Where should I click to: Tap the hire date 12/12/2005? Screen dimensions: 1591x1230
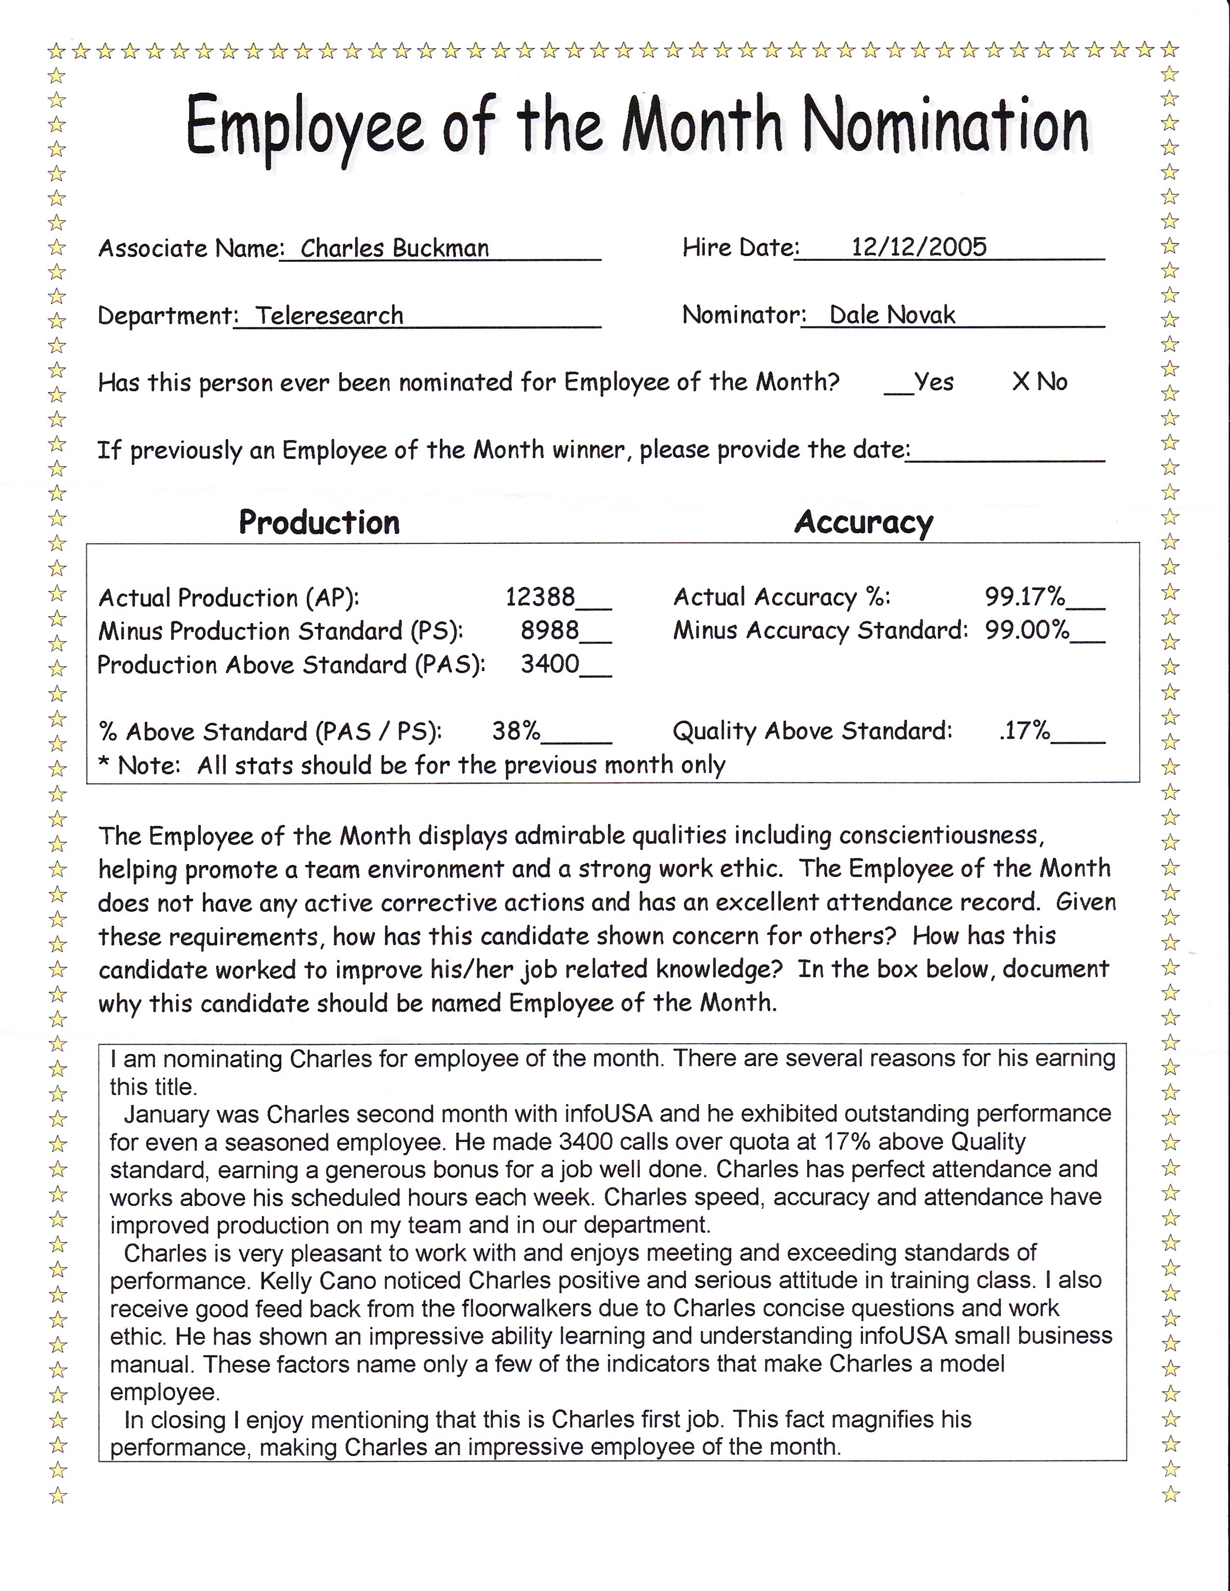pyautogui.click(x=919, y=247)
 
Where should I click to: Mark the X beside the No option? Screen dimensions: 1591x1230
pyautogui.click(x=1019, y=381)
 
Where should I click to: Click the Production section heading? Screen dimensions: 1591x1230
pyautogui.click(x=319, y=522)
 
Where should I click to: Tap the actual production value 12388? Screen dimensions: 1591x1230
pyautogui.click(x=540, y=597)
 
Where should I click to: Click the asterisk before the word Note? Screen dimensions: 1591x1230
pyautogui.click(x=104, y=764)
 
